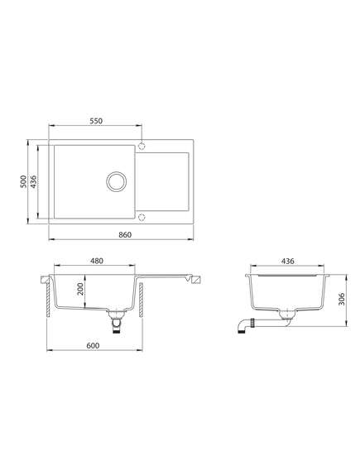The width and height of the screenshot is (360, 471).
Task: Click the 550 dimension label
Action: point(96,121)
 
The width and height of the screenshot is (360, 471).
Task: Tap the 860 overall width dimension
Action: point(125,234)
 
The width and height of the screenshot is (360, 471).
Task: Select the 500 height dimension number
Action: point(23,182)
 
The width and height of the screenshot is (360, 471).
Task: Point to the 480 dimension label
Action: point(97,261)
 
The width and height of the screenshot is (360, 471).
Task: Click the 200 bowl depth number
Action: point(80,289)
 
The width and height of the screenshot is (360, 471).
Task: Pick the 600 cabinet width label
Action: point(93,346)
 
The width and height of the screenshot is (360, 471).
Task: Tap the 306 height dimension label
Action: point(342,299)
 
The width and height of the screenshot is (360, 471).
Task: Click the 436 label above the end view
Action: point(288,261)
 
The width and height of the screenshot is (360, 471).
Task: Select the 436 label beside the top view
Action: point(33,182)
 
